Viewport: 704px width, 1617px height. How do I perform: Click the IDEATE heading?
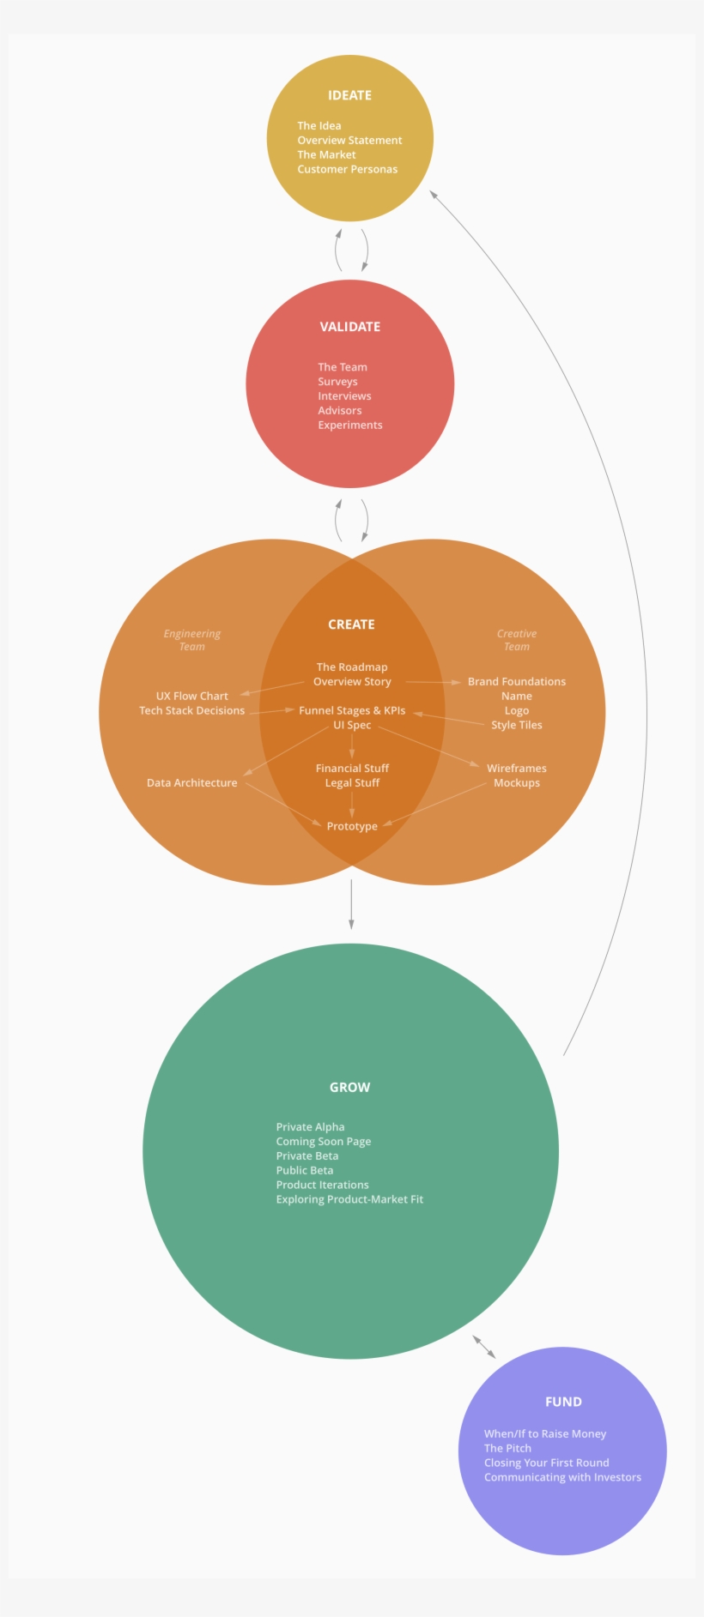point(349,95)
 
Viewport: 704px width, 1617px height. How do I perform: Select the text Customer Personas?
point(348,169)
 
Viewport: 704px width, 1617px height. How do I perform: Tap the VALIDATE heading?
point(350,327)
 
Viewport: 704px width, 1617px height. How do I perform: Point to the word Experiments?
point(350,425)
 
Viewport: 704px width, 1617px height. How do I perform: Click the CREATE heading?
point(351,624)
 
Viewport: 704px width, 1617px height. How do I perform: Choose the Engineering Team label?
point(192,640)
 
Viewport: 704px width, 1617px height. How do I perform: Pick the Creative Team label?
point(517,640)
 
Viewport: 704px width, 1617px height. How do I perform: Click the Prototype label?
point(352,826)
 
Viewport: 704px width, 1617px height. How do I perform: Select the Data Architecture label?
point(192,782)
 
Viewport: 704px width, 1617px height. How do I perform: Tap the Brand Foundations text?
point(517,681)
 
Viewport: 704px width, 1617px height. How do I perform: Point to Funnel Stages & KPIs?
point(352,710)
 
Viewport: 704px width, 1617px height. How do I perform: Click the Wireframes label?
point(517,768)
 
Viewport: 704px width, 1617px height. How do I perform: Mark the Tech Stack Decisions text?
point(192,710)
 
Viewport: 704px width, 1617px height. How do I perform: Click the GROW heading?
point(350,1087)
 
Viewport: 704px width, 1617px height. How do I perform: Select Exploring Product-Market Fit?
point(349,1199)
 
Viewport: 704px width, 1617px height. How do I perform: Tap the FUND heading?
point(563,1402)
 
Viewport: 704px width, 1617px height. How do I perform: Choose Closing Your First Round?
point(547,1463)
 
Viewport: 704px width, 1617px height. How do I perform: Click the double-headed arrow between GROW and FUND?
point(484,1347)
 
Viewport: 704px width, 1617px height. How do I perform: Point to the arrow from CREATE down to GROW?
point(351,904)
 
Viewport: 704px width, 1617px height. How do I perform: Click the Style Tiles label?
point(517,725)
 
